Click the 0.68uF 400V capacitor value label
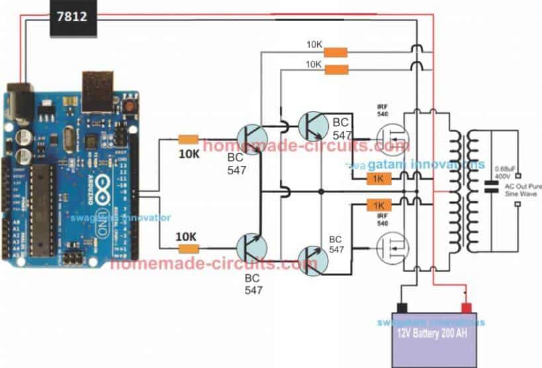point(501,170)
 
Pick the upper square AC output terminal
point(521,177)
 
